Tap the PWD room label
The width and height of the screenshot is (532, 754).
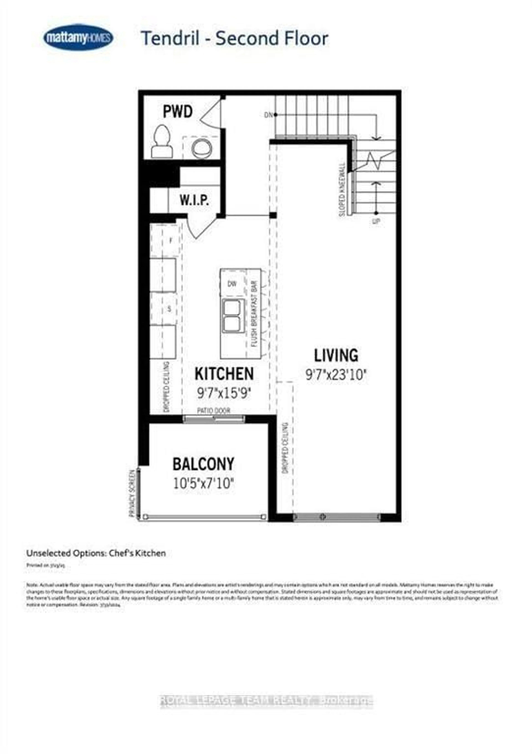(178, 112)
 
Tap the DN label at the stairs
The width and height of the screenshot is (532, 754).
(268, 115)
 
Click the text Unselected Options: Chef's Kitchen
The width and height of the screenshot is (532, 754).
(96, 553)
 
